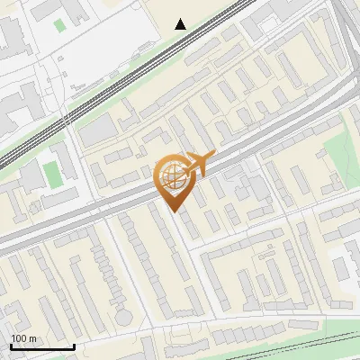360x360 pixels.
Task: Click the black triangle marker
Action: tap(181, 24)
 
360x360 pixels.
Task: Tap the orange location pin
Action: tap(175, 180)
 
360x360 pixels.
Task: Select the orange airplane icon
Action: tap(200, 162)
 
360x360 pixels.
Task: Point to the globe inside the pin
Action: tap(174, 175)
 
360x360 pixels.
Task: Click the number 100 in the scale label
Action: tap(19, 338)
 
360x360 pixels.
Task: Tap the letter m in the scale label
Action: tap(32, 338)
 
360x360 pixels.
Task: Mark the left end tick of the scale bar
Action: tap(11, 346)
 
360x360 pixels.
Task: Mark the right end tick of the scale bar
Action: tap(74, 346)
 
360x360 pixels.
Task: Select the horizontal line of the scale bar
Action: tap(42, 347)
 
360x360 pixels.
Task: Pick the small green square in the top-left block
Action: tap(59, 24)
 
